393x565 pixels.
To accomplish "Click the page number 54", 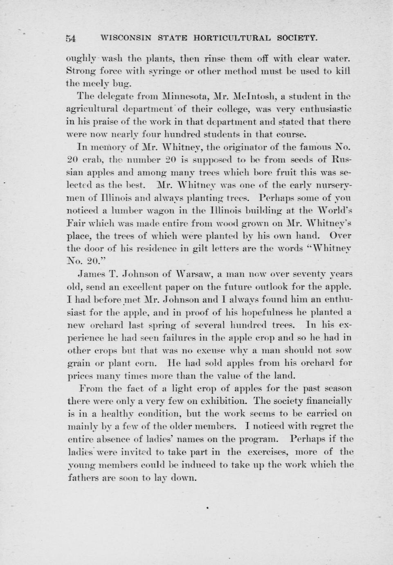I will pyautogui.click(x=71, y=39).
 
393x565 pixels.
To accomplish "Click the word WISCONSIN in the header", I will pyautogui.click(x=126, y=38).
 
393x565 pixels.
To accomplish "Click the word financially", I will pyautogui.click(x=324, y=400).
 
